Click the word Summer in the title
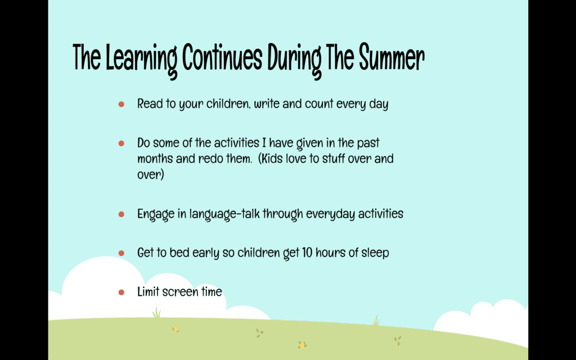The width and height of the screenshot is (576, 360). pyautogui.click(x=391, y=58)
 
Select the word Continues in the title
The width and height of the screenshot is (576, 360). pyautogui.click(x=222, y=58)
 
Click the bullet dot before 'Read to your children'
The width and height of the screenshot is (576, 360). pyautogui.click(x=121, y=104)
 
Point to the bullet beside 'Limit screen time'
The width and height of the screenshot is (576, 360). pyautogui.click(x=121, y=292)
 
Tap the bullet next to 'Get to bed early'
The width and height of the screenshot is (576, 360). pyautogui.click(x=121, y=253)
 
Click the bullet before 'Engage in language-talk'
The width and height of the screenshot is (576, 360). pyautogui.click(x=121, y=214)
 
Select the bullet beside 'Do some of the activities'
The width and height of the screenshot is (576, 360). pyautogui.click(x=121, y=143)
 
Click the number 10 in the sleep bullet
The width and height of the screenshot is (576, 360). pyautogui.click(x=307, y=253)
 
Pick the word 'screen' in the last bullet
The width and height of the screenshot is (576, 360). pyautogui.click(x=180, y=292)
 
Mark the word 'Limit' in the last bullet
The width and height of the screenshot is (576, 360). pyautogui.click(x=148, y=292)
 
